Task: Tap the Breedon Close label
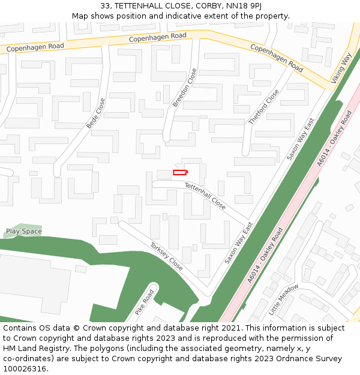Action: [185, 88]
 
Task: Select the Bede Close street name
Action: [96, 113]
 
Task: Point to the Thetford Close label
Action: [264, 107]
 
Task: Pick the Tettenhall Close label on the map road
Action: [205, 196]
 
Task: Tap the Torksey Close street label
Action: [166, 256]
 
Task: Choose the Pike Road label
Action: [145, 302]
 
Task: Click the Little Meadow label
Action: [283, 300]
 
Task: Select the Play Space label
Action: [24, 231]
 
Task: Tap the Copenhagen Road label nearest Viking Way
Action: [277, 58]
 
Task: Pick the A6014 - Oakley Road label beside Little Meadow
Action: [265, 255]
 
